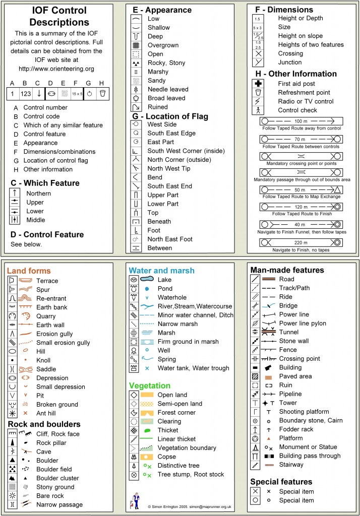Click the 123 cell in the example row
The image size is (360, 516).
point(26,94)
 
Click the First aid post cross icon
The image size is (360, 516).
point(258,84)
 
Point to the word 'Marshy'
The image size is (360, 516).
point(158,72)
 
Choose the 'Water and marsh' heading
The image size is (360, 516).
point(161,271)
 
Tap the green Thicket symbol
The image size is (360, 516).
point(147,430)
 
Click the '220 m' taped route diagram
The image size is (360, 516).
point(301,242)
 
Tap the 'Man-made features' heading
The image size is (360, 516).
point(287,270)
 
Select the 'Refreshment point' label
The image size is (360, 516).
point(304,93)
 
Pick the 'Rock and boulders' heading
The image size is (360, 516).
point(44,424)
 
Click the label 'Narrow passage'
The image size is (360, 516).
point(59,504)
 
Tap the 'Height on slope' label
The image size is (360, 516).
point(302,36)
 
